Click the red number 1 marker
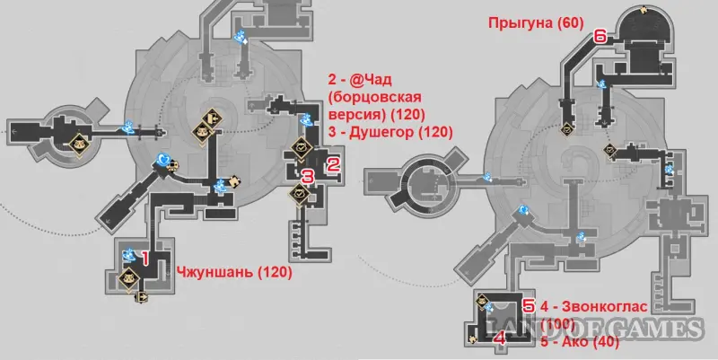(x=141, y=258)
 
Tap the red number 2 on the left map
(x=333, y=163)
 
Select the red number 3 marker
(x=307, y=176)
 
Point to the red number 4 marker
(x=501, y=338)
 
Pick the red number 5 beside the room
(x=529, y=306)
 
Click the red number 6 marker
(x=599, y=37)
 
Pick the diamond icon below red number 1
(x=128, y=277)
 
